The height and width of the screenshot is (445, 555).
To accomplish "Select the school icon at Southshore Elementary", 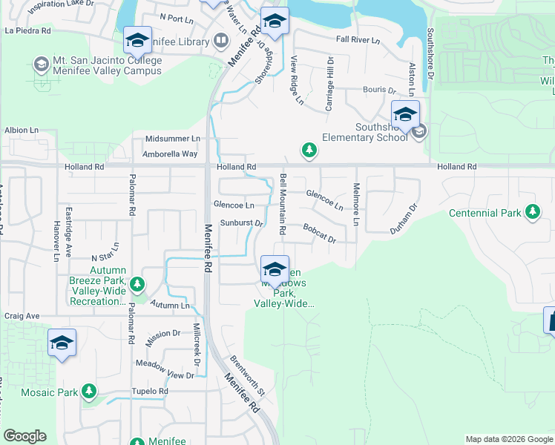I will click(405, 114).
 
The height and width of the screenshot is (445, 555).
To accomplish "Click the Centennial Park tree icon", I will click(532, 213).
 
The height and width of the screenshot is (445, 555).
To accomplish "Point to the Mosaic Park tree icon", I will click(89, 391).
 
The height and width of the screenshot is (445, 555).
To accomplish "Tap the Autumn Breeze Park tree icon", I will click(137, 284).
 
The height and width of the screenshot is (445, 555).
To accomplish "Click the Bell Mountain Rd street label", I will click(283, 204).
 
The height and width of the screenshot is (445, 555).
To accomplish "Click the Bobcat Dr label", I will click(319, 234).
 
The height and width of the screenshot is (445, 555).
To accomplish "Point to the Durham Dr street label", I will click(404, 220).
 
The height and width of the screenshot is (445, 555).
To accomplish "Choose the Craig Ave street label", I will click(22, 316).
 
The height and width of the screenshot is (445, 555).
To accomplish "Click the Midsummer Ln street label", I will click(173, 139).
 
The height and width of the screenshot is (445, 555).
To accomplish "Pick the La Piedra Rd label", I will click(27, 31).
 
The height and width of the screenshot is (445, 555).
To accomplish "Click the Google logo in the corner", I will click(24, 436).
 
